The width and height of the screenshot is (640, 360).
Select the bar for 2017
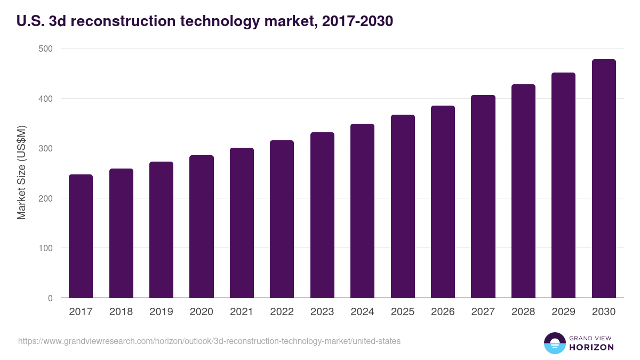81,236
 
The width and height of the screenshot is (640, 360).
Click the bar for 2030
604,179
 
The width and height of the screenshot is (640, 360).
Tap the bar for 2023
322,215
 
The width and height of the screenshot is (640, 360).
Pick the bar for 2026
443,202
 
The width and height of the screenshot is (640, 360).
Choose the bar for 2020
202,227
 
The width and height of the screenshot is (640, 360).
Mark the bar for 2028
523,191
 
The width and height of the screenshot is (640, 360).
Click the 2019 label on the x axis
161,312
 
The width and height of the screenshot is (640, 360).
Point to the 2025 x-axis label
403,312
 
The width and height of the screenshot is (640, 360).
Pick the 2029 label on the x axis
563,312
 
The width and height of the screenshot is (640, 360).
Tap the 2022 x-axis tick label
282,312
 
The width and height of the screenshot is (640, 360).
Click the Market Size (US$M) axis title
21,172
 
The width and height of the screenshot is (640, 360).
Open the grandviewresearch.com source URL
209,341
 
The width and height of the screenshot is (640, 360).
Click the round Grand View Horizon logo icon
554,343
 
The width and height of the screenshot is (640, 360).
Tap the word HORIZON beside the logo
591,347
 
